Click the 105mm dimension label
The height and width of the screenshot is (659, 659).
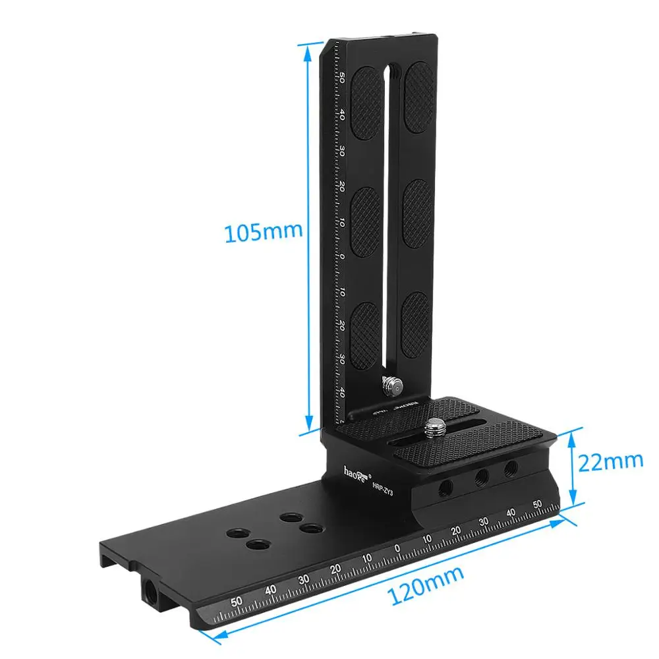[263, 233]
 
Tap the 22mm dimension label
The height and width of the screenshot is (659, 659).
[610, 461]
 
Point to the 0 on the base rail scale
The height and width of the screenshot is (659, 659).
[397, 548]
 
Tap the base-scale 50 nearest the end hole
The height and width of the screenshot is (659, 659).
[237, 602]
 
